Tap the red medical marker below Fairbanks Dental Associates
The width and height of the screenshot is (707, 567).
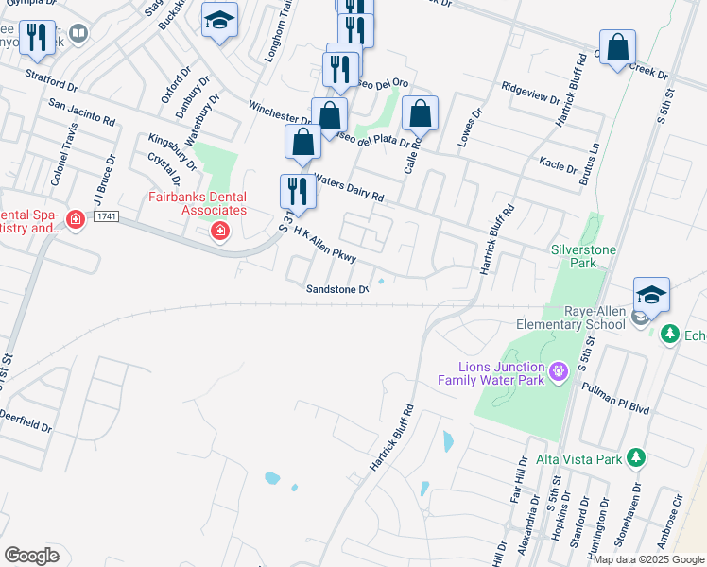(220, 231)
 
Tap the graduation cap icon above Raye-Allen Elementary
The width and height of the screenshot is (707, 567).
(651, 296)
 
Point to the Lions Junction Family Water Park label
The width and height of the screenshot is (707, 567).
(491, 373)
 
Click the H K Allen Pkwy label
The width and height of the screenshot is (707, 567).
(324, 245)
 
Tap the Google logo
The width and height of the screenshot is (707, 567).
(31, 556)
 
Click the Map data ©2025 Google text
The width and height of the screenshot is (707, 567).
(647, 559)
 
